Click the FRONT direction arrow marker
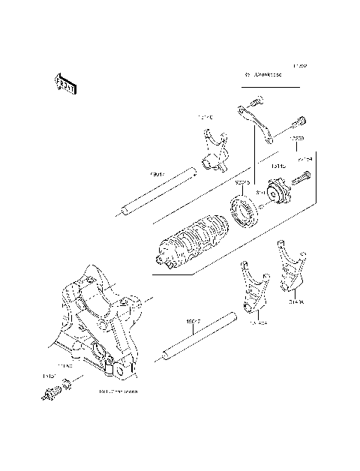(x=65, y=85)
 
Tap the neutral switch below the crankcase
(x=52, y=392)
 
